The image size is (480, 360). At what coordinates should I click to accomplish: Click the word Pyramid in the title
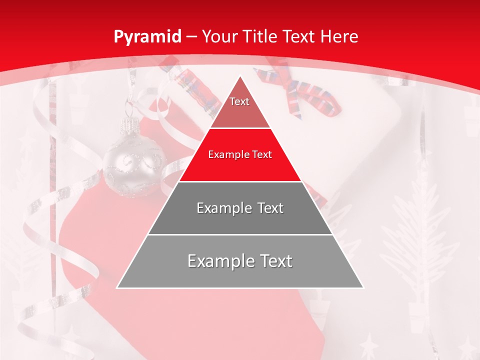coord(146,37)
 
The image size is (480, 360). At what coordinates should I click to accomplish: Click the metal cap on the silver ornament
coord(131,123)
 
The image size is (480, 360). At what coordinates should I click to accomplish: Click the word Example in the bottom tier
coord(218,261)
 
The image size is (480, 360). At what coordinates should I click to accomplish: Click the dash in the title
coord(191,37)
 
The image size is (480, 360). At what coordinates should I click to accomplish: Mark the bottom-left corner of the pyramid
coord(117,288)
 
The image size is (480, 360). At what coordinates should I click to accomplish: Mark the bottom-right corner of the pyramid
coord(363,288)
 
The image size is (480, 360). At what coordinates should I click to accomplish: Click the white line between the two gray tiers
coord(240,234)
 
